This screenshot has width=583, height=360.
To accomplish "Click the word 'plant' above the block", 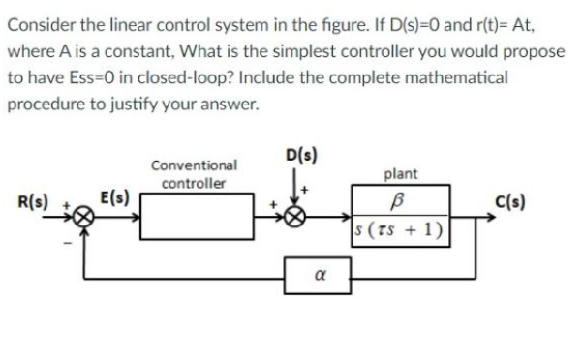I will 401,174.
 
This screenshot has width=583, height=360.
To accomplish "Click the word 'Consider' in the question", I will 41,19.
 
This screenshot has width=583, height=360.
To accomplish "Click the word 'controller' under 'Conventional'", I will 194,182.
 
